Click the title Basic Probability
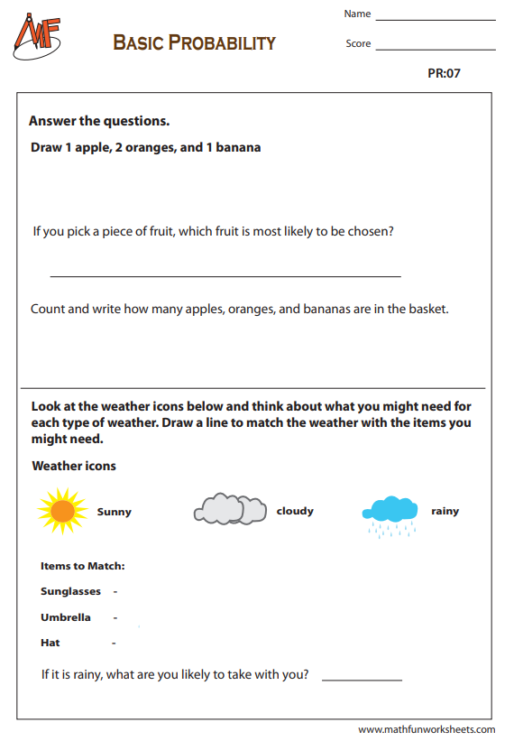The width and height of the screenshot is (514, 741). click(x=194, y=42)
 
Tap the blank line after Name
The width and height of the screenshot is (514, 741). click(x=435, y=19)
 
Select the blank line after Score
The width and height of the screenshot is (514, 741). click(x=435, y=49)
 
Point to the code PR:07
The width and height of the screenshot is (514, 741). click(x=444, y=73)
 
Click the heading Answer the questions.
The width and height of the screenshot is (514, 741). click(x=99, y=121)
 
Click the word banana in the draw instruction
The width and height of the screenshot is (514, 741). click(x=239, y=147)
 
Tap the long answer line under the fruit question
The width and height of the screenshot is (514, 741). click(x=225, y=275)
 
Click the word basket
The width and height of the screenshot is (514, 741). click(x=428, y=309)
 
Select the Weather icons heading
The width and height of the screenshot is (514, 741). click(x=74, y=466)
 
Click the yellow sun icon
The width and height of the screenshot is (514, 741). click(x=61, y=511)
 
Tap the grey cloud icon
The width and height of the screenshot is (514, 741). click(x=230, y=510)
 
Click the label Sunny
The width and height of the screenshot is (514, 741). click(x=115, y=512)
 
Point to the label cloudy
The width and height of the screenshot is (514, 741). click(x=295, y=511)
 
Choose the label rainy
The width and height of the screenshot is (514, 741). click(x=445, y=511)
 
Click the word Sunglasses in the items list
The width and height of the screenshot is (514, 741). click(x=70, y=591)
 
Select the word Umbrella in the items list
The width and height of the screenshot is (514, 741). click(x=66, y=617)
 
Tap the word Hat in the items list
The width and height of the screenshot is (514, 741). click(x=50, y=643)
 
